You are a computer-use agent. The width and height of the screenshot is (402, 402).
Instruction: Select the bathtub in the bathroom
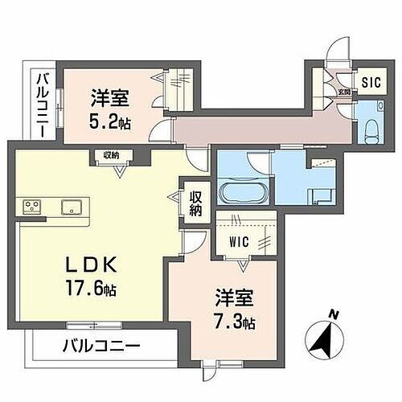[239, 195]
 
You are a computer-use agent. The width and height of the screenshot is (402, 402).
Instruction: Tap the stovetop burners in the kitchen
[33, 207]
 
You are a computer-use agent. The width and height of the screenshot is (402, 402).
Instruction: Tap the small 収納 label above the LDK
[111, 154]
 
